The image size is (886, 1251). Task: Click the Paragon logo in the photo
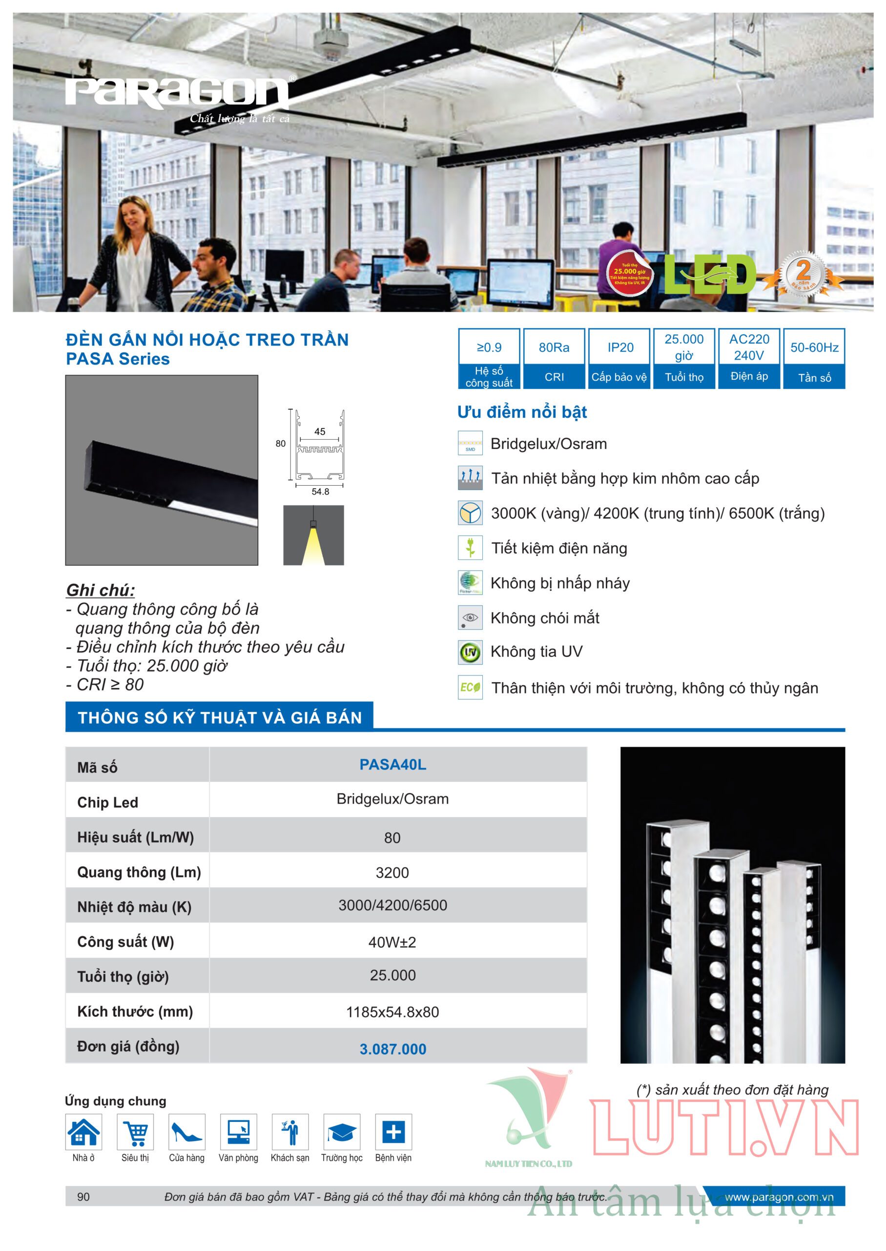pyautogui.click(x=177, y=93)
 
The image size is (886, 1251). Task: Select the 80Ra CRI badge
pyautogui.click(x=554, y=358)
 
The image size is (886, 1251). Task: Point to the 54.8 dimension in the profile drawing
pyautogui.click(x=320, y=492)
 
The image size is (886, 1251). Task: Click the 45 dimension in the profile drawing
pyautogui.click(x=320, y=431)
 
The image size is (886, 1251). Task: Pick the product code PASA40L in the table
pyautogui.click(x=392, y=764)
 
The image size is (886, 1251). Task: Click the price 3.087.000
pyautogui.click(x=392, y=1049)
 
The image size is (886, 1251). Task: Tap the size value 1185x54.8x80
pyautogui.click(x=392, y=1012)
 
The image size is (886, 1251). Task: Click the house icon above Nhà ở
pyautogui.click(x=83, y=1132)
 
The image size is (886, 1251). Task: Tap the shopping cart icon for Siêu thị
pyautogui.click(x=135, y=1132)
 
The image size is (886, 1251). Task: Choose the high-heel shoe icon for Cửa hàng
pyautogui.click(x=186, y=1132)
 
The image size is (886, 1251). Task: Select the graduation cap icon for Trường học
pyautogui.click(x=342, y=1132)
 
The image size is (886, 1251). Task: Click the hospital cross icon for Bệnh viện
pyautogui.click(x=393, y=1132)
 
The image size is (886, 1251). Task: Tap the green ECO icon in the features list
pyautogui.click(x=470, y=688)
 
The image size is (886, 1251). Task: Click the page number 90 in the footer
pyautogui.click(x=83, y=1196)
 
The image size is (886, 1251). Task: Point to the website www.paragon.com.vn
pyautogui.click(x=779, y=1197)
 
